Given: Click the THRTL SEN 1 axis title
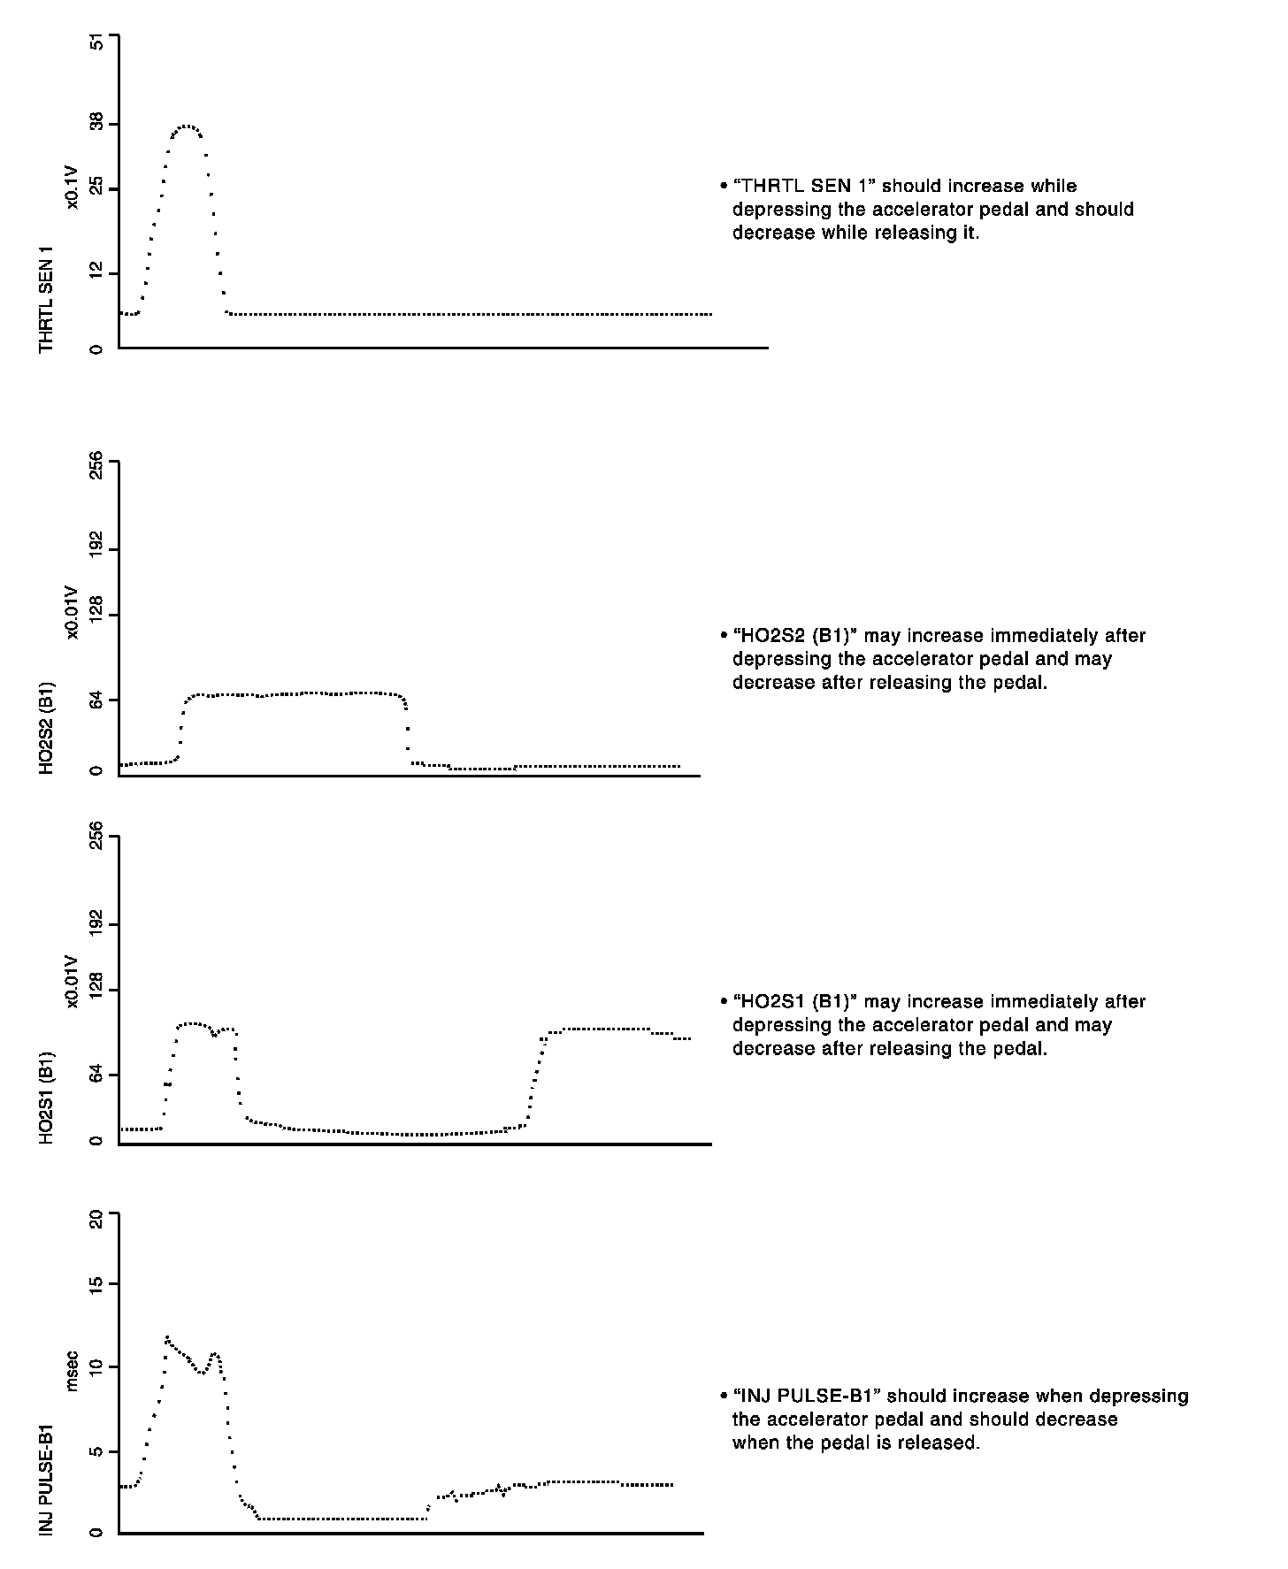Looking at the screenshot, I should click(47, 299).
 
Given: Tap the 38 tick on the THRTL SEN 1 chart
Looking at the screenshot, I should click(97, 123).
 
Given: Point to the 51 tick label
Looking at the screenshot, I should click(97, 42).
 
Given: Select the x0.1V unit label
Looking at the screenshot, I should click(73, 188).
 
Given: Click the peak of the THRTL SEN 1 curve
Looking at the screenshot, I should click(187, 126).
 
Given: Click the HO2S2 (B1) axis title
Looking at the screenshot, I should click(47, 727).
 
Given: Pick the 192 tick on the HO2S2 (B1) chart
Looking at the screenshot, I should click(97, 548).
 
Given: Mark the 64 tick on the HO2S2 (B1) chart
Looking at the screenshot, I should click(97, 700).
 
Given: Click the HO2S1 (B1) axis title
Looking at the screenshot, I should click(47, 1098).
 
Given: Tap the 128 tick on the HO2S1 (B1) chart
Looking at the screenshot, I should click(97, 989).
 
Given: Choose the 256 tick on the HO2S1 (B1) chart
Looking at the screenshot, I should click(97, 836).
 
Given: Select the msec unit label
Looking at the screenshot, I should click(73, 1370).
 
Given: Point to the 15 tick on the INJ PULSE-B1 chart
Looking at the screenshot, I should click(97, 1282).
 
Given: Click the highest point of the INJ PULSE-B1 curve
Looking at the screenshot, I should click(166, 1337).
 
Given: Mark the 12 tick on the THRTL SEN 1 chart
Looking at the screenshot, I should click(97, 274).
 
